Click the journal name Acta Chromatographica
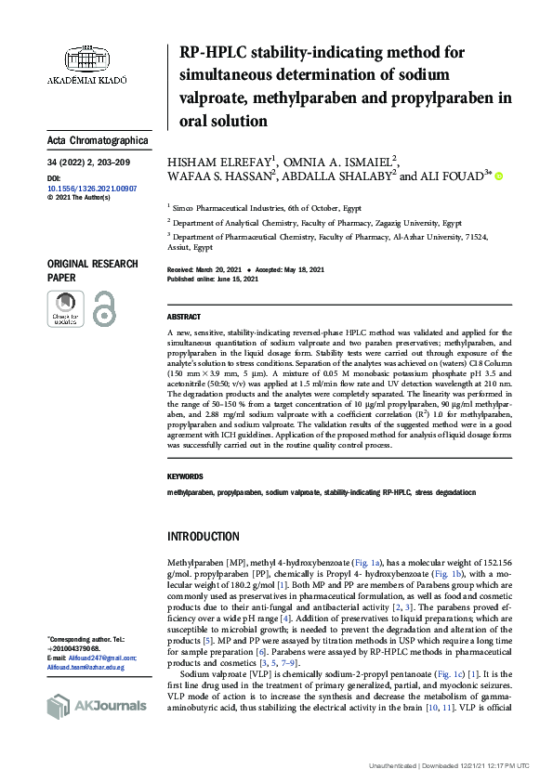click(x=98, y=141)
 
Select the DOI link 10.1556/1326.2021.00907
click(x=91, y=188)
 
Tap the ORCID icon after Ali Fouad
click(x=498, y=175)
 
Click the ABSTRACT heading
click(x=183, y=317)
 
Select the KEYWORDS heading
click(x=185, y=476)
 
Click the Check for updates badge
click(x=65, y=308)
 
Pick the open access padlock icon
click(x=104, y=308)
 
